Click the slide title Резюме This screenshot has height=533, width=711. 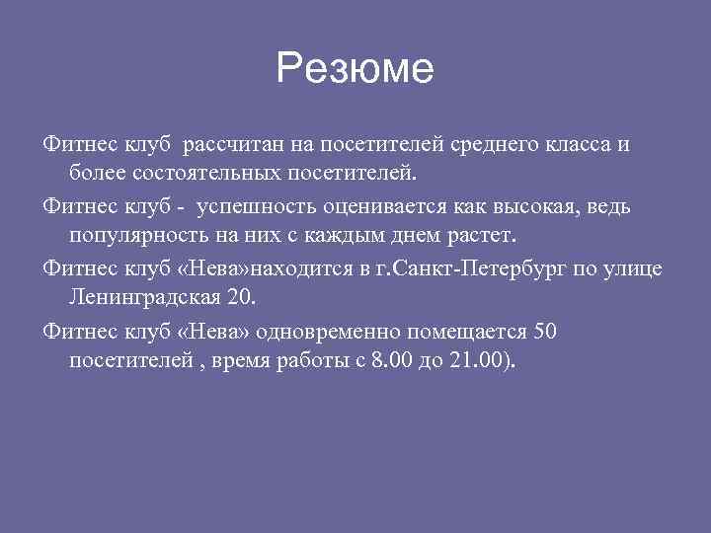tap(355, 69)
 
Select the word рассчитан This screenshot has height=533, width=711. tap(233, 145)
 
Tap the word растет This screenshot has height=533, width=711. tap(482, 237)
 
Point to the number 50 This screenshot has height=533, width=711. tap(545, 331)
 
